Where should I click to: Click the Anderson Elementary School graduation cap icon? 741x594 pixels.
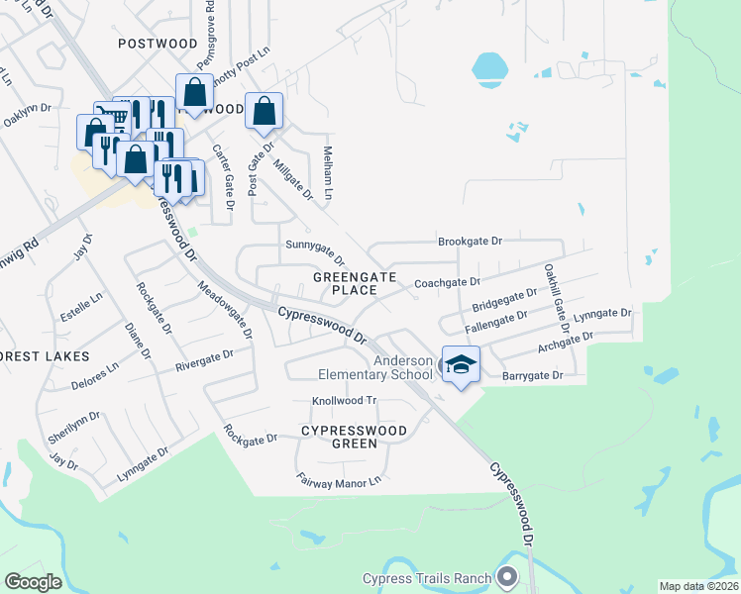click(461, 365)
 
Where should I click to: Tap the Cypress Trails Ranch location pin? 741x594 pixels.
click(508, 576)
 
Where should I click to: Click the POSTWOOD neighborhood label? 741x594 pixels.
click(158, 44)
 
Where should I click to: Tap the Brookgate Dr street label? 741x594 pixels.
click(472, 242)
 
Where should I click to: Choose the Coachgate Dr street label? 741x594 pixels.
click(447, 283)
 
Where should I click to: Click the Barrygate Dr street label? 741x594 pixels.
click(532, 376)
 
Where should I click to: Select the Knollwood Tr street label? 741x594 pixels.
click(345, 401)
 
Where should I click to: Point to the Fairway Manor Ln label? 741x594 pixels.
click(339, 480)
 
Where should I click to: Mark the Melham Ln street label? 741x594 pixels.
click(327, 170)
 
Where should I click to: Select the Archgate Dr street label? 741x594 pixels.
click(566, 342)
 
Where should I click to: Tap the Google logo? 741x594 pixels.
click(33, 581)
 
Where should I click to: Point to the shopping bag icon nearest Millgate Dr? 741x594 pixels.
click(265, 113)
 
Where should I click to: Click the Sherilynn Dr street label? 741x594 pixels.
click(74, 427)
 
